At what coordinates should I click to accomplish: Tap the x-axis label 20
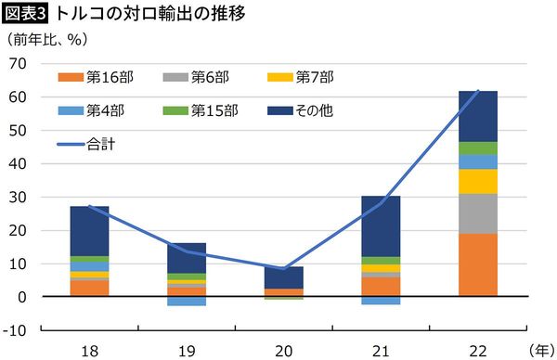[x=284, y=349]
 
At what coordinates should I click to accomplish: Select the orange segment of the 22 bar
[x=478, y=264]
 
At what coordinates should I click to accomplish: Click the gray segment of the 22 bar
[x=478, y=213]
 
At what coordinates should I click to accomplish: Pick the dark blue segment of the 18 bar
[x=90, y=231]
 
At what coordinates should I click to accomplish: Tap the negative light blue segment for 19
[x=187, y=301]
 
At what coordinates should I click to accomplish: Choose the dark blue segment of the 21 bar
[x=381, y=226]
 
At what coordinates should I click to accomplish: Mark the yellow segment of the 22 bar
[x=478, y=181]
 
